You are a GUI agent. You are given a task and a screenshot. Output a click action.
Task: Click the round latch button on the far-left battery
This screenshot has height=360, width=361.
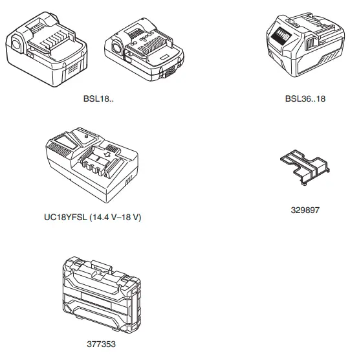tap(16, 44)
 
